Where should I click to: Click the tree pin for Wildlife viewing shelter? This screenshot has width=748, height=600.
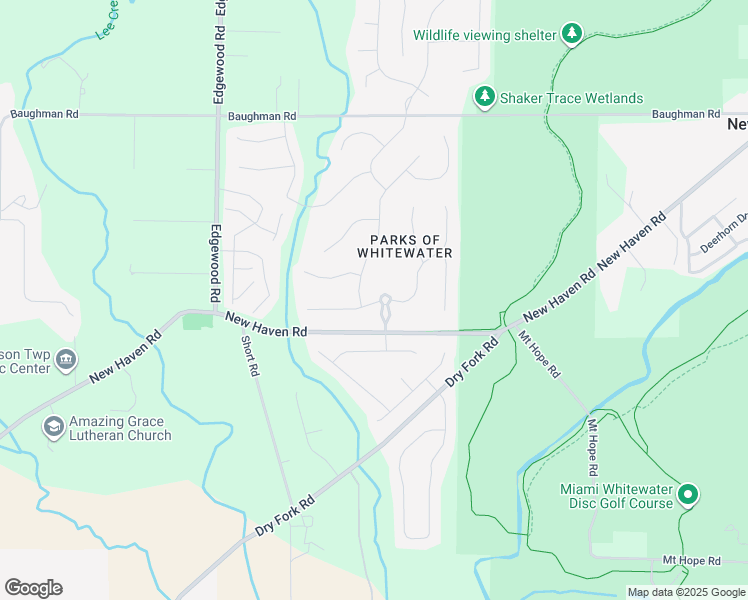571,35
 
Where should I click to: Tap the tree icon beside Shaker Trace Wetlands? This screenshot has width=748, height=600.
485,97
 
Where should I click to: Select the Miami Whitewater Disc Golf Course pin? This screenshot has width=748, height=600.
687,494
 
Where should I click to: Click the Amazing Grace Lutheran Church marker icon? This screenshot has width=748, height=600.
52,428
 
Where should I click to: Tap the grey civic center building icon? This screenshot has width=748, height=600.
65,359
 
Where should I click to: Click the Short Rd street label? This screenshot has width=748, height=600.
250,356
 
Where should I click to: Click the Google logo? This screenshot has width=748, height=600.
33,588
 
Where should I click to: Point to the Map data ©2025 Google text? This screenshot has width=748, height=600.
686,592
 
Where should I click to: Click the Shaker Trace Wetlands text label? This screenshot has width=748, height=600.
572,98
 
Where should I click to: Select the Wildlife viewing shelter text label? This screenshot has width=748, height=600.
484,36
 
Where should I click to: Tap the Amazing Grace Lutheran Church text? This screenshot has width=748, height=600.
121,428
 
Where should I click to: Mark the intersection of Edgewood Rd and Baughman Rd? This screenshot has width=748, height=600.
218,115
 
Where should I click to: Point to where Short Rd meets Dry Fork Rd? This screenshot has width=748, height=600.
293,505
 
